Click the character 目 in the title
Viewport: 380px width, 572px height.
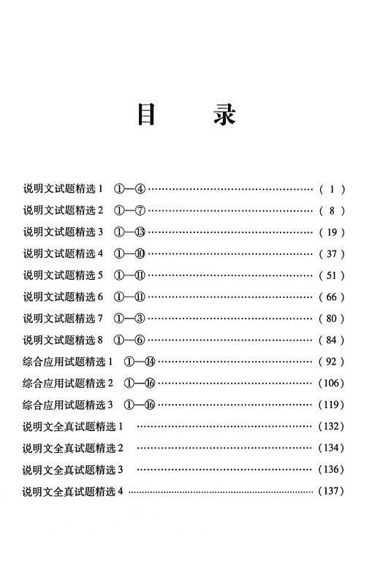pyautogui.click(x=145, y=115)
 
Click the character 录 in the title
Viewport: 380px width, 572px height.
pyautogui.click(x=225, y=115)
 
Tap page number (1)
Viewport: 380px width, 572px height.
pyautogui.click(x=332, y=189)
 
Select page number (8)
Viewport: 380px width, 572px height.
pyautogui.click(x=332, y=211)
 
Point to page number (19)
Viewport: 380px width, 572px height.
pyautogui.click(x=332, y=233)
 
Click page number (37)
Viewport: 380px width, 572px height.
pyautogui.click(x=332, y=254)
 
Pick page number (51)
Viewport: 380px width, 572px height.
pyautogui.click(x=332, y=275)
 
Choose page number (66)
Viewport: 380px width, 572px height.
pyautogui.click(x=332, y=297)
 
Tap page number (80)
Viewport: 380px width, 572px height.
pyautogui.click(x=332, y=319)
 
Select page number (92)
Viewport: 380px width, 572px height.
pyautogui.click(x=332, y=362)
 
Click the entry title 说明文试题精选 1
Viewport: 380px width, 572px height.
pyautogui.click(x=64, y=189)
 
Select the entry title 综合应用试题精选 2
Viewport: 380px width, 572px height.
pyautogui.click(x=68, y=383)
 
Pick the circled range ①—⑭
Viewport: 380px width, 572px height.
pyautogui.click(x=141, y=362)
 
